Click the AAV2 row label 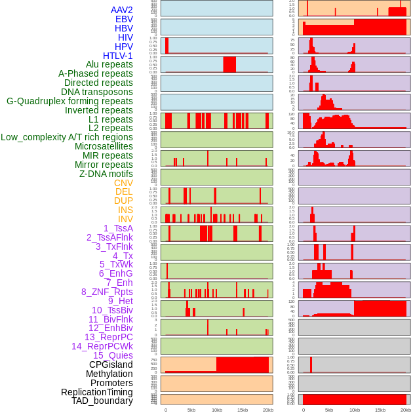coord(121,10)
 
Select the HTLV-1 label coord(117,56)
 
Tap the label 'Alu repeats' coord(109,64)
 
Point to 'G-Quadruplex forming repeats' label coord(69,101)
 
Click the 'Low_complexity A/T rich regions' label coord(67,137)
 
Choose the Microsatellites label coord(104,146)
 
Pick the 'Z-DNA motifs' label coord(106,174)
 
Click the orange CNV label coord(123,183)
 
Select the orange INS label coord(125,210)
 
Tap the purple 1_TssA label coord(118,228)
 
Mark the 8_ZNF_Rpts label coord(107,292)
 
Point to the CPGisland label coord(111,364)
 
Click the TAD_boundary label coord(102,401)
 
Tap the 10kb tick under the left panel coord(217,410)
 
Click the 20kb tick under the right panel coord(406,410)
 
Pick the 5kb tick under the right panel coord(329,410)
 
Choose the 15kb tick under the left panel coord(243,410)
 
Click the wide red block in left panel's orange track coord(243,364)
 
